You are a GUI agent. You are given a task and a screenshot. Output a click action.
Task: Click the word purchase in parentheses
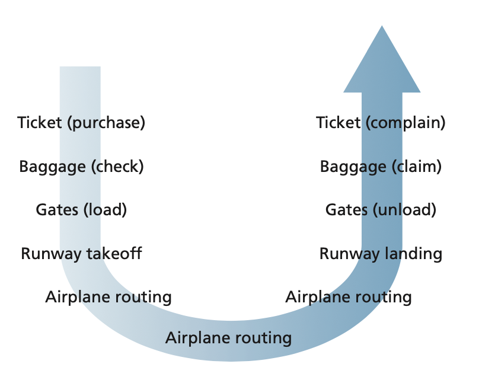pos(106,123)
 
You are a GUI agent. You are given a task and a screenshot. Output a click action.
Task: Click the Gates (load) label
pos(81,210)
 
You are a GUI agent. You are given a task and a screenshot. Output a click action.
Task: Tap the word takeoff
pos(113,254)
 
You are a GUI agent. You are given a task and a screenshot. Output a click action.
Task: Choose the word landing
pos(413,254)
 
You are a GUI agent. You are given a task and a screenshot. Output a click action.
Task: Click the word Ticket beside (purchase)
pos(40,123)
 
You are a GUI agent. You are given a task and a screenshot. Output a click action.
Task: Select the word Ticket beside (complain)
pos(338,123)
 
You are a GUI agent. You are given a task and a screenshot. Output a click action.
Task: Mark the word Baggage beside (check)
pos(53,167)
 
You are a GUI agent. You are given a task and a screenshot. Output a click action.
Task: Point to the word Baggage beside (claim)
pos(353,167)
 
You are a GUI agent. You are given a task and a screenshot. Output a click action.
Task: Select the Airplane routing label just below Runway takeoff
pos(108,297)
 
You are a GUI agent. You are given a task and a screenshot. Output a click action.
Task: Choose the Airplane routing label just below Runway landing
pos(349,296)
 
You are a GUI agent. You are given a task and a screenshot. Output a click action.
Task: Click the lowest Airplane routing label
pos(229,339)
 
